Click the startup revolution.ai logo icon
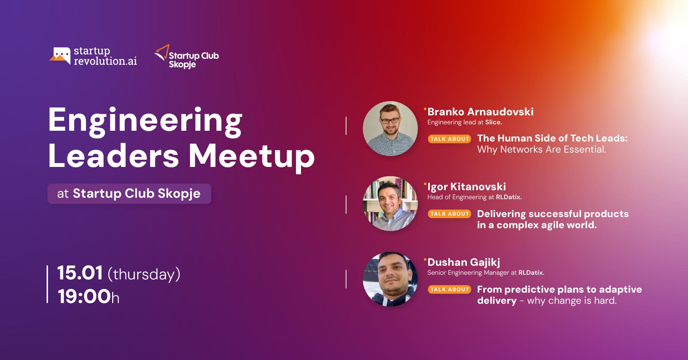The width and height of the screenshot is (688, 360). pyautogui.click(x=60, y=56)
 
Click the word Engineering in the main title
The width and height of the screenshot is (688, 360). pyautogui.click(x=145, y=121)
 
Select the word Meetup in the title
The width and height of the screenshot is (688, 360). pyautogui.click(x=252, y=156)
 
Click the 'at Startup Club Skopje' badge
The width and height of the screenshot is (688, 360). pyautogui.click(x=129, y=194)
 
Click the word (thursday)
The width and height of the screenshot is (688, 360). pyautogui.click(x=144, y=274)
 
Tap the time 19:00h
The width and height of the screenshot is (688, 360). pyautogui.click(x=88, y=297)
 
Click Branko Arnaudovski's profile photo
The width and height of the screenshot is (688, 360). pyautogui.click(x=390, y=129)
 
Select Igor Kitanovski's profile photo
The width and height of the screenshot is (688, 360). pyautogui.click(x=390, y=203)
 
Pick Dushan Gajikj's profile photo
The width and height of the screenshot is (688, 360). pyautogui.click(x=390, y=279)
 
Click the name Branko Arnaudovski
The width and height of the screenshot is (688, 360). pyautogui.click(x=480, y=112)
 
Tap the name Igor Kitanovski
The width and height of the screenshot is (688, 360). pyautogui.click(x=467, y=187)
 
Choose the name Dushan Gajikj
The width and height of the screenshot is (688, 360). pyautogui.click(x=464, y=262)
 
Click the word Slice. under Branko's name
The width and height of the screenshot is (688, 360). pyautogui.click(x=493, y=123)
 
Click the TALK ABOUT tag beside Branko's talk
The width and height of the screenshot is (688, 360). pyautogui.click(x=449, y=139)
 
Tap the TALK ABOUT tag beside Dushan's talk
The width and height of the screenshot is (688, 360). pyautogui.click(x=449, y=289)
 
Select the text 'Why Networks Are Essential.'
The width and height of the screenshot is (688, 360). pyautogui.click(x=541, y=150)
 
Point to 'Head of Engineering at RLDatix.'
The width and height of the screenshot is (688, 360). pyautogui.click(x=474, y=197)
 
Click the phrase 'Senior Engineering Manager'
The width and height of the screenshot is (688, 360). pyautogui.click(x=468, y=273)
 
